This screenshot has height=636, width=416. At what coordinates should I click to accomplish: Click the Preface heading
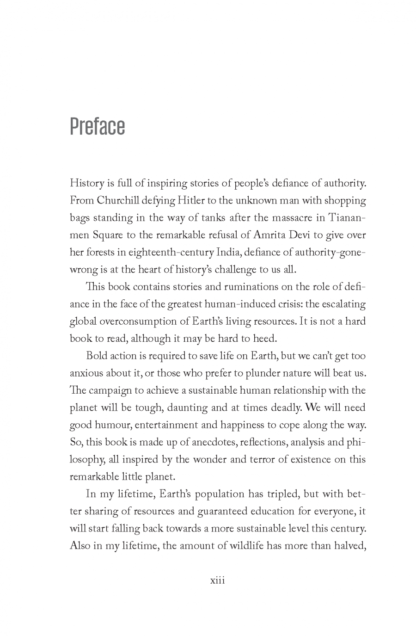click(97, 127)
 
